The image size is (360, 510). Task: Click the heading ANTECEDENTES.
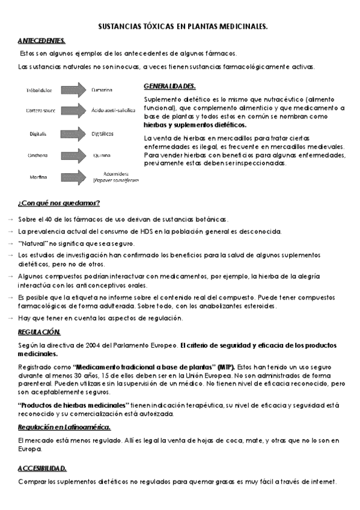coord(41,40)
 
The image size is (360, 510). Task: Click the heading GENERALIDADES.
coord(169,86)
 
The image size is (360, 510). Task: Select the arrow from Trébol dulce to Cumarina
coord(73,90)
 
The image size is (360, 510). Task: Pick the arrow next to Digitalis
coord(73,133)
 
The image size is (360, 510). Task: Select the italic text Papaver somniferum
coord(116,180)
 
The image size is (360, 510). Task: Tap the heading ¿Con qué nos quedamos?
coord(59,202)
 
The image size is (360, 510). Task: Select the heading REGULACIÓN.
coord(39,332)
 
